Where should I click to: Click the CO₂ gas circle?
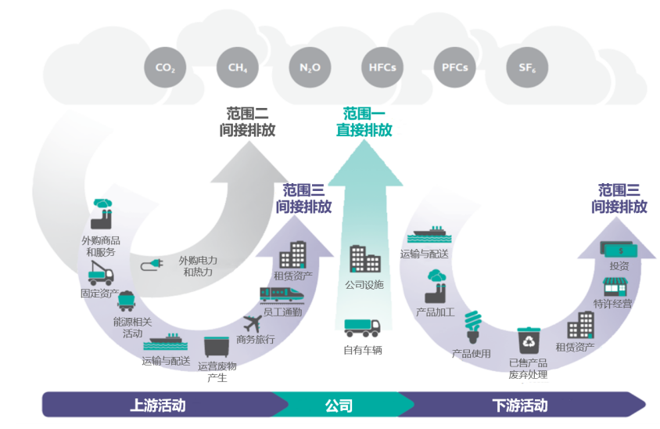[x=165, y=67]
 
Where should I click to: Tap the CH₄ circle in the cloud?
[x=238, y=67]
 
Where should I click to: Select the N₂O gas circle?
[x=310, y=67]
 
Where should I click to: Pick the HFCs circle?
[x=382, y=67]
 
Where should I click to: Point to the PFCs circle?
[x=455, y=67]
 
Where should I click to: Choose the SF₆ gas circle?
[x=527, y=67]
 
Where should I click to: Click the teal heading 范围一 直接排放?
[x=364, y=122]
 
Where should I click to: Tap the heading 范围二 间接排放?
[x=247, y=122]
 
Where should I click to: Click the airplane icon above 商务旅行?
[x=252, y=322]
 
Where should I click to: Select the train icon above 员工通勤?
[x=282, y=294]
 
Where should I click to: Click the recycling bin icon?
[x=529, y=341]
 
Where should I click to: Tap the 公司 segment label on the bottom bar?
[x=339, y=406]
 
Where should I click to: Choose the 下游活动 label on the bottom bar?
[x=520, y=406]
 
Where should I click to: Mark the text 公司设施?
[x=364, y=284]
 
